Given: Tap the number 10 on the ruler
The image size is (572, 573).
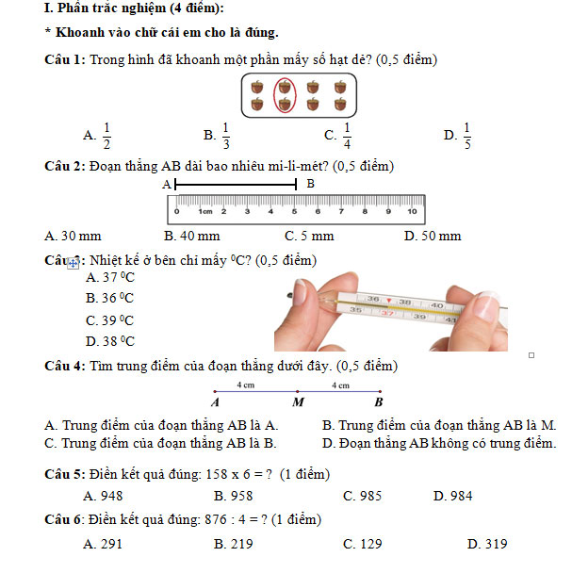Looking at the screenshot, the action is coord(411,211).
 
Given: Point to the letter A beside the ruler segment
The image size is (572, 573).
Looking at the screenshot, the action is coord(167,185).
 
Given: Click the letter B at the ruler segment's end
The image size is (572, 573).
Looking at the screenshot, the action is coord(310,184).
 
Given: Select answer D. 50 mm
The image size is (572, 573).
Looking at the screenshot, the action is coord(433,236).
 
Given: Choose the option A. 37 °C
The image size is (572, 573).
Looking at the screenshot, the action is coord(110,277).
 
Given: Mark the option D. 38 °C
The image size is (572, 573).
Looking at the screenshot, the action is coord(110,342).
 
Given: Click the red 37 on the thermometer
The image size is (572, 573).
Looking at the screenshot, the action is coord(386,312).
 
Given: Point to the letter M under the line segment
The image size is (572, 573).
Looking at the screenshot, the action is coord(298,401).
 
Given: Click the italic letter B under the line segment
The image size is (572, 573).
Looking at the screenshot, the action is coord(378,401).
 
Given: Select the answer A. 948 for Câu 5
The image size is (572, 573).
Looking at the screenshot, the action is coord(104,496).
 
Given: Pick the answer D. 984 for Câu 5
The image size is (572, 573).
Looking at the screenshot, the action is coord(452,496).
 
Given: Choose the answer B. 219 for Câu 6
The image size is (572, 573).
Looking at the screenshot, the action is coord(234,544).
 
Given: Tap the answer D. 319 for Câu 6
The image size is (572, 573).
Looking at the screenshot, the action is coord(487,544).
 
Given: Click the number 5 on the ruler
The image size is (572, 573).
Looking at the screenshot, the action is coord(294,211).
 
